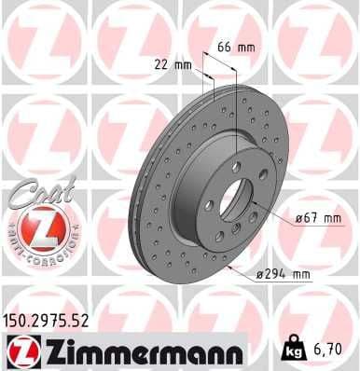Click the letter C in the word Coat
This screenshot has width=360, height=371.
[x=21, y=196]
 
